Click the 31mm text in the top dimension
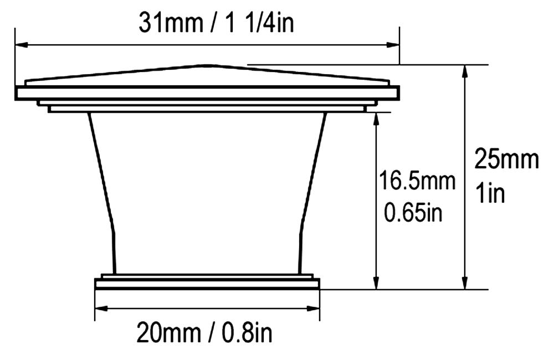tap(171, 23)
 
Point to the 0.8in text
tap(247, 333)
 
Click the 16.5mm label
tap(417, 181)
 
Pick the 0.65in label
tap(413, 213)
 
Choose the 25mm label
tap(506, 160)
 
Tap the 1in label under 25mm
tap(490, 192)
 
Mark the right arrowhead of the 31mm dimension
tap(393, 45)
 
